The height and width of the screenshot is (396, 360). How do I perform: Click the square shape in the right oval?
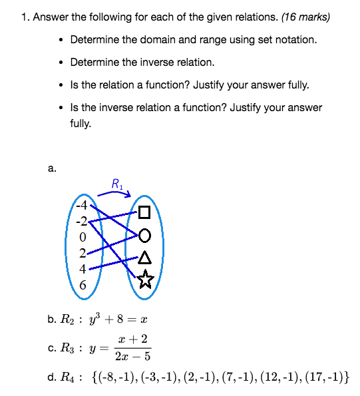[x=145, y=214]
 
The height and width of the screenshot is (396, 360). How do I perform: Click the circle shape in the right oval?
[x=145, y=235]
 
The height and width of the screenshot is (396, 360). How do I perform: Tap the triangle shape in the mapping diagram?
[x=145, y=258]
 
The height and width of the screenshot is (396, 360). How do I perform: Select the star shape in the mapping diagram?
[x=145, y=281]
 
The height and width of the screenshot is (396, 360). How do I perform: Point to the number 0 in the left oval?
[x=83, y=236]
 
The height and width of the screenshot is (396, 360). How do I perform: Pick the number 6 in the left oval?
[x=83, y=285]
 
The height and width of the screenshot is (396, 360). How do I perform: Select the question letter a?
[x=51, y=169]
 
